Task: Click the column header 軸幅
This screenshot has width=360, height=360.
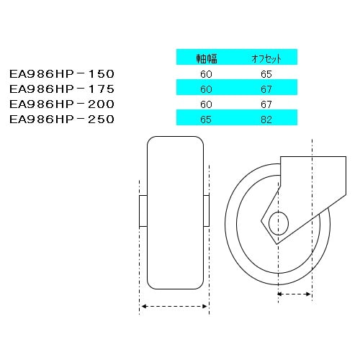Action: (207, 58)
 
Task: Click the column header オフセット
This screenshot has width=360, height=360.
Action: (266, 58)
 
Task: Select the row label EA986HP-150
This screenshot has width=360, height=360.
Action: (62, 73)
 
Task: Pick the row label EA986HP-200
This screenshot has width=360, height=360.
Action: (62, 104)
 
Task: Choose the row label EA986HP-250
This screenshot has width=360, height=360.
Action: (62, 119)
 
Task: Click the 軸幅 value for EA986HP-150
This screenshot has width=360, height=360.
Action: (207, 73)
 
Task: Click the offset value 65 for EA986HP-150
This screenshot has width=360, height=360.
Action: (266, 73)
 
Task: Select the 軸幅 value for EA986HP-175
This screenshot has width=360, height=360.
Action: (207, 88)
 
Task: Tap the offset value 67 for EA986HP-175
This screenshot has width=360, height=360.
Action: (266, 88)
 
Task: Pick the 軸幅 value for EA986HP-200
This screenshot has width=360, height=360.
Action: (207, 104)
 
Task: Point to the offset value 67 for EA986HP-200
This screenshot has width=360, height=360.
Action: (266, 104)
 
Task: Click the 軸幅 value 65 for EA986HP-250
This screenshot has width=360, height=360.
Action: (207, 119)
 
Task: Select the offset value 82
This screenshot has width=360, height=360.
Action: (266, 119)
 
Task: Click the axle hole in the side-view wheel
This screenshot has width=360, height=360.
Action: (278, 223)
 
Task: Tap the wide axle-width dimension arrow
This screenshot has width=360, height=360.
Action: (174, 306)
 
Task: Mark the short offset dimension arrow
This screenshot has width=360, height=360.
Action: (294, 294)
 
